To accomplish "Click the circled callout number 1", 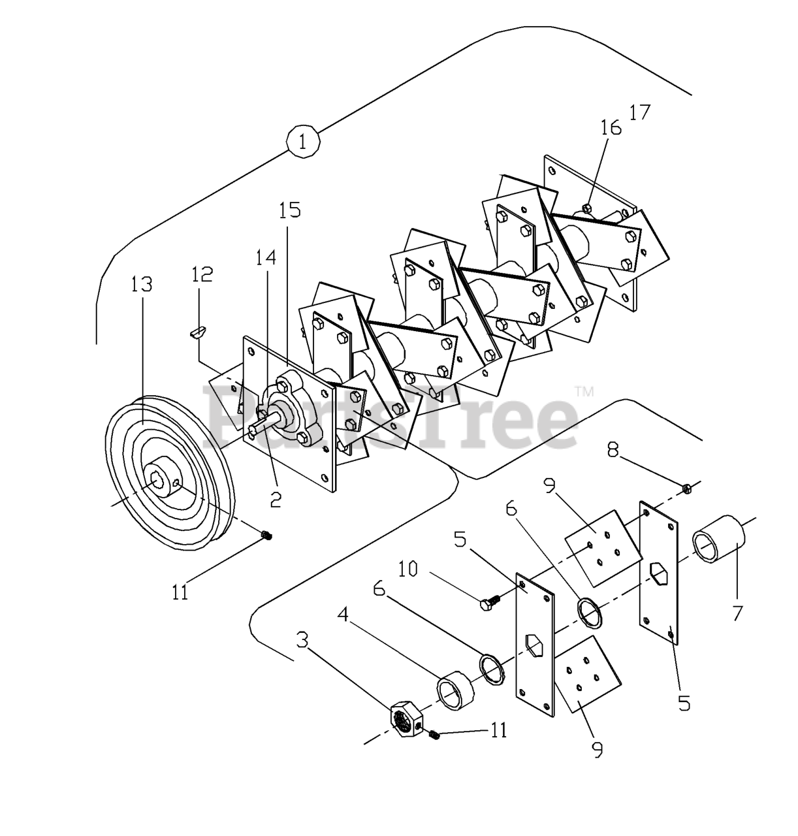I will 302,141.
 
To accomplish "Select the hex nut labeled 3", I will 405,719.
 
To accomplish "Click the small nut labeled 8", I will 686,488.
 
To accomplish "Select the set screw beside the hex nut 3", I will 434,736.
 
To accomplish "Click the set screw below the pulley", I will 266,536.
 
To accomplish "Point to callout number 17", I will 640,112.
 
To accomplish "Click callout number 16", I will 611,127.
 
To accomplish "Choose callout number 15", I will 289,210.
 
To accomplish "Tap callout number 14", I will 265,257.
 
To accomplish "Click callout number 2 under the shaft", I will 276,500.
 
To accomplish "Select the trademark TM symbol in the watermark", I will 584,392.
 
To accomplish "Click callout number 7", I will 738,613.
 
